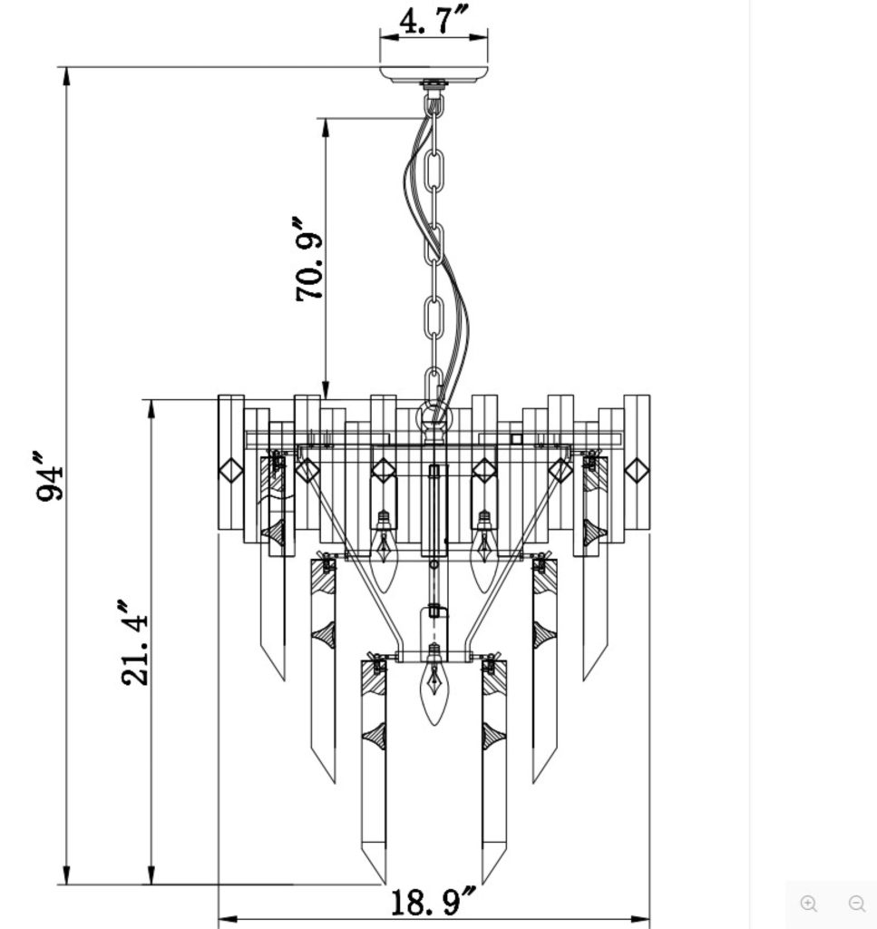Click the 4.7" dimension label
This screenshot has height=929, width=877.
[433, 19]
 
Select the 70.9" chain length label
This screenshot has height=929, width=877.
[308, 259]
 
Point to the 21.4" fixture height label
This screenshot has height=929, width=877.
[132, 641]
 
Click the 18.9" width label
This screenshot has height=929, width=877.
[434, 902]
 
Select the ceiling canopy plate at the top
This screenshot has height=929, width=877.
[434, 73]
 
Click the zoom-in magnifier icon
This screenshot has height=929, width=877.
[809, 903]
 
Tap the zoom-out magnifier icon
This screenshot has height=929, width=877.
[856, 903]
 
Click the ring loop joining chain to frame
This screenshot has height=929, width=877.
[434, 418]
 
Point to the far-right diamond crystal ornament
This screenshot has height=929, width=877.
[638, 470]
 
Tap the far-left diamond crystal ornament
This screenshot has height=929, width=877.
[230, 470]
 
